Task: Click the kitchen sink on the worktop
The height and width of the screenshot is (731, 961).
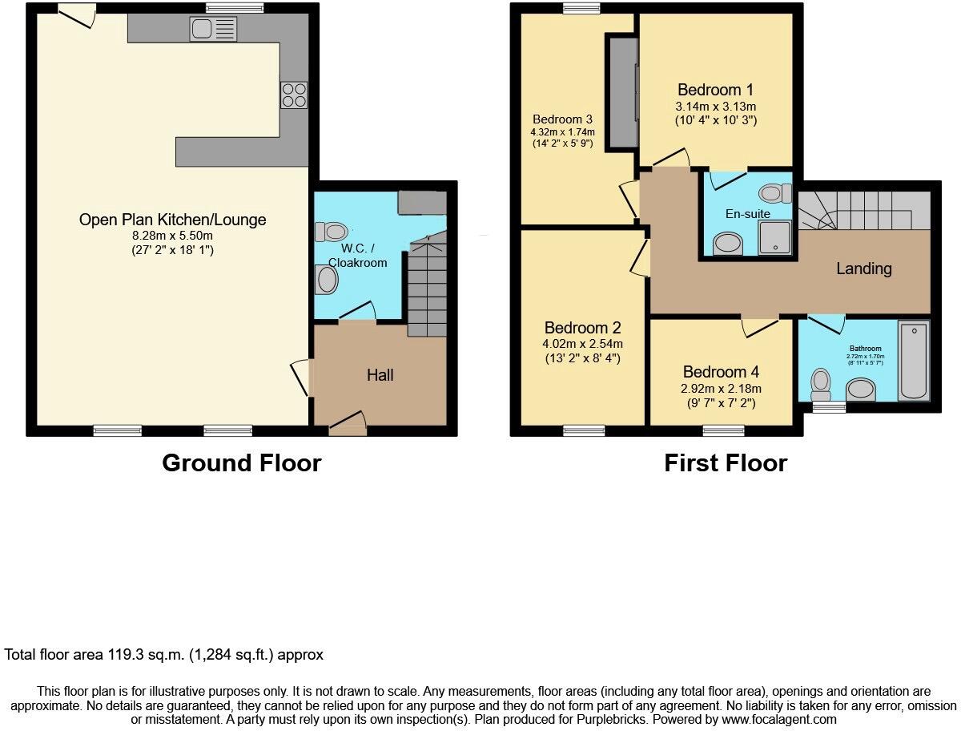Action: (x=213, y=30)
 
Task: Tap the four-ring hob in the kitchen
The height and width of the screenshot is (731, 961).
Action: (x=293, y=95)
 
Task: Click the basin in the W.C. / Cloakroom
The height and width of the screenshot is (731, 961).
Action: (x=327, y=281)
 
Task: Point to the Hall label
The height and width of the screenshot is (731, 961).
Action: (x=380, y=375)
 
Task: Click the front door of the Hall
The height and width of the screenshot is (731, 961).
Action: (x=348, y=426)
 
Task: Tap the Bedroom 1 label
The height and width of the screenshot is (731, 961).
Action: (x=715, y=90)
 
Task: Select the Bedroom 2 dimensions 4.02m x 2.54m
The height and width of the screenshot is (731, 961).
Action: (x=582, y=344)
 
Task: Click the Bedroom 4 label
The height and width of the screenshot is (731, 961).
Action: (x=721, y=372)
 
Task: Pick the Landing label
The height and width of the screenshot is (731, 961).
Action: (x=864, y=269)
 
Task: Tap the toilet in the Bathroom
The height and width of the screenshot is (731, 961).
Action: (x=821, y=383)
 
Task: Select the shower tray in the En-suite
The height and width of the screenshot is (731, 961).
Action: (x=774, y=238)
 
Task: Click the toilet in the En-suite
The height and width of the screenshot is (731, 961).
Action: (x=774, y=193)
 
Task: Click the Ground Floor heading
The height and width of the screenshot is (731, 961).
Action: (x=241, y=463)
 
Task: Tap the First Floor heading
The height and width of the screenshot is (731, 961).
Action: (x=726, y=463)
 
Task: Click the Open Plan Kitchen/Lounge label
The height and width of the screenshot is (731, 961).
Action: (x=173, y=220)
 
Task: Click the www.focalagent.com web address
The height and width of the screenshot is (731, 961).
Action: (x=775, y=720)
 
